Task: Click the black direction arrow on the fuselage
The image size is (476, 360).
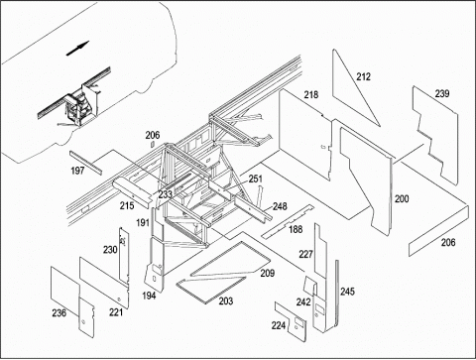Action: click(x=78, y=49)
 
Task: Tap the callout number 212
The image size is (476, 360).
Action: click(x=363, y=76)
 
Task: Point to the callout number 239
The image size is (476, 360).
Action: click(x=442, y=93)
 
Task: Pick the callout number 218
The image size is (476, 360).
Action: click(x=311, y=95)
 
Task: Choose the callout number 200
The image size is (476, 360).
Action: click(x=402, y=199)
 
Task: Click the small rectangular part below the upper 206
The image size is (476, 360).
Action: click(x=153, y=144)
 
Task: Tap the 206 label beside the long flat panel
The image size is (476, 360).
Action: click(x=448, y=242)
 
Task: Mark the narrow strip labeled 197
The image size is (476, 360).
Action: click(x=85, y=163)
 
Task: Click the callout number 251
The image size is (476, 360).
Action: click(x=256, y=179)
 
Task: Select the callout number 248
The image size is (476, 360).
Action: click(x=280, y=206)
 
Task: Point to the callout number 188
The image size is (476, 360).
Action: click(x=296, y=229)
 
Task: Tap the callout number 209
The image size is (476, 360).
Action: click(x=268, y=273)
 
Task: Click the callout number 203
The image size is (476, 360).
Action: click(x=226, y=300)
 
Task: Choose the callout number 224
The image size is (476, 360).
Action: click(x=279, y=325)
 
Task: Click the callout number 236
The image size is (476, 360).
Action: click(x=59, y=312)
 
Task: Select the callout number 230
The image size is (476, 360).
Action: click(x=110, y=250)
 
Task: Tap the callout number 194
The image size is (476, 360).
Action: click(x=149, y=296)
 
